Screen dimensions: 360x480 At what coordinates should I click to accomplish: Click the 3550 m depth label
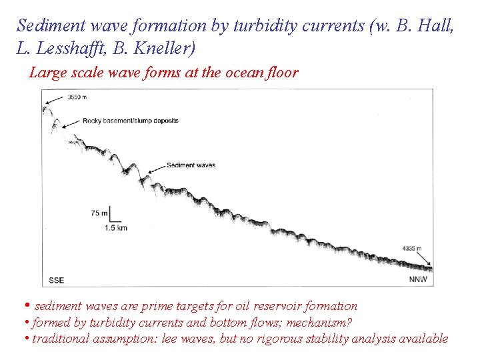pyautogui.click(x=77, y=97)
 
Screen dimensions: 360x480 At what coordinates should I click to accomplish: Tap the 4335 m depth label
pyautogui.click(x=411, y=248)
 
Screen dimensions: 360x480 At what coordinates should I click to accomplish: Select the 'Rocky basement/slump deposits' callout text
pyautogui.click(x=130, y=121)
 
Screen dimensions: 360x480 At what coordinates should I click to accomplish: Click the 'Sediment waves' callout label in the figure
pyautogui.click(x=191, y=165)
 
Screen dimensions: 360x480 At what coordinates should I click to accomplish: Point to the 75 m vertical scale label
pyautogui.click(x=99, y=213)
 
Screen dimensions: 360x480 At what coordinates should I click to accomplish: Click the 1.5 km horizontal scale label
pyautogui.click(x=116, y=228)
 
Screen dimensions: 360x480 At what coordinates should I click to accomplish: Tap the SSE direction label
pyautogui.click(x=57, y=280)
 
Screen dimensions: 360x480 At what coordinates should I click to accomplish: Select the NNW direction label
pyautogui.click(x=417, y=280)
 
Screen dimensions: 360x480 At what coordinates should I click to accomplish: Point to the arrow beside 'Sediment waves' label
pyautogui.click(x=156, y=168)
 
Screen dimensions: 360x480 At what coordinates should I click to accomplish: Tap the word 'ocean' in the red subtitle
pyautogui.click(x=237, y=73)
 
